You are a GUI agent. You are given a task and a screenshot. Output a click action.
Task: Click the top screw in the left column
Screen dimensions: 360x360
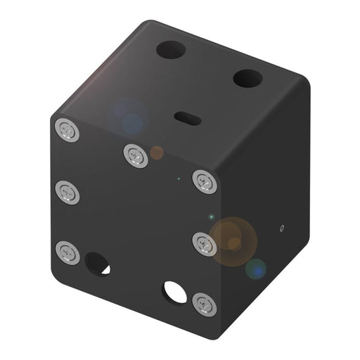67,129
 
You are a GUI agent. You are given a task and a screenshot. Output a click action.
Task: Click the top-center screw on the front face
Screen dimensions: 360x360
135,155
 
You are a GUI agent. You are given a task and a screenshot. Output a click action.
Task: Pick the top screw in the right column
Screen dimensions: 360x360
205,182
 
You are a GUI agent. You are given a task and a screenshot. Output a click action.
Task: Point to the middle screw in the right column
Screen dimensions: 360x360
205,243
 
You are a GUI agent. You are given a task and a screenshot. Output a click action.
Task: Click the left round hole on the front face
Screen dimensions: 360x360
96,264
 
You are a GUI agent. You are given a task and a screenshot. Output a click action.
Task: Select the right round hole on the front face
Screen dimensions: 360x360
174,291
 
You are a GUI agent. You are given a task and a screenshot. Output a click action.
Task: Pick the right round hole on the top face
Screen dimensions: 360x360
247,78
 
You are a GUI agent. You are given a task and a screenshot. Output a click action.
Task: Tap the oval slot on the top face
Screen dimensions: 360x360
188,118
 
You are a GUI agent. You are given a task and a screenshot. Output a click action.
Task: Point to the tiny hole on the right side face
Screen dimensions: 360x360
281,229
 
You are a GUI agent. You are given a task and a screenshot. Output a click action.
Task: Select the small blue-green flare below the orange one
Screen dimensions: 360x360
255,268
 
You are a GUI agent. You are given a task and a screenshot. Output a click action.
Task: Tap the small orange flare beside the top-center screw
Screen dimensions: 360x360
157,153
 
